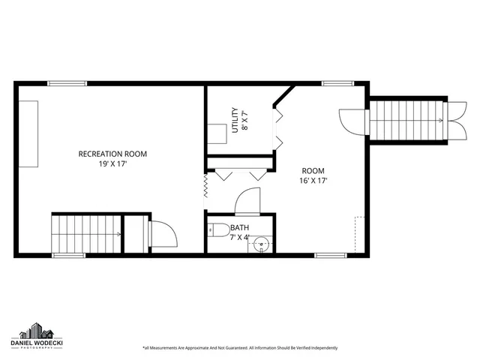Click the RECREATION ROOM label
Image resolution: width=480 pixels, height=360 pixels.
pos(112,154)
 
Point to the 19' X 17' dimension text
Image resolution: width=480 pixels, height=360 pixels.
pos(112,163)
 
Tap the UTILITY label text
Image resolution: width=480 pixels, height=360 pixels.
pos(235,120)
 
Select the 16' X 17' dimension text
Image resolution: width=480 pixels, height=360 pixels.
pos(313,180)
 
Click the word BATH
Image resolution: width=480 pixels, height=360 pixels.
pos(240,228)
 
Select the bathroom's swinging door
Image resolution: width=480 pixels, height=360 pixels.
pos(247,201)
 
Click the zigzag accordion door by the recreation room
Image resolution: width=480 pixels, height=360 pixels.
pos(205,187)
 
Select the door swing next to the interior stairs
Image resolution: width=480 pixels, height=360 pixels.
pos(162,234)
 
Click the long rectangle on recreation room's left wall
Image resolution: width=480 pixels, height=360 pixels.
pos(29,135)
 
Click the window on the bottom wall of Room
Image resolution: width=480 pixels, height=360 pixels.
pos(330,255)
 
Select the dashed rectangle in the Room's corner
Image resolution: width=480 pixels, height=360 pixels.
pos(360,234)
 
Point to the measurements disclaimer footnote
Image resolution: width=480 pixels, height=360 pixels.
pos(239,348)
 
